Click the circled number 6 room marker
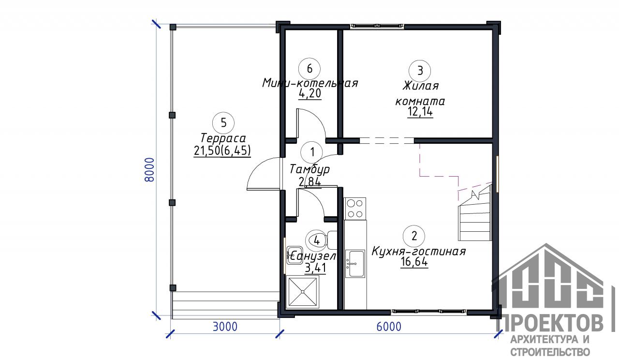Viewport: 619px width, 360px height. pos(309,69)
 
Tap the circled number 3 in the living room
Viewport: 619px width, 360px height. pos(420,71)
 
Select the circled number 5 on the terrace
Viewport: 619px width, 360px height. pos(223,123)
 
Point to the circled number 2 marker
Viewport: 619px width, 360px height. pos(414,236)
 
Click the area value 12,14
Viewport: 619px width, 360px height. pos(420,112)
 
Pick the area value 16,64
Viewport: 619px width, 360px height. pos(414,262)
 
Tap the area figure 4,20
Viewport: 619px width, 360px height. pos(310,93)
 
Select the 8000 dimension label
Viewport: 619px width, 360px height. pos(149,169)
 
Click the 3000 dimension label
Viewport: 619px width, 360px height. pos(225,327)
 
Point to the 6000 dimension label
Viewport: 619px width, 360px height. pos(389,327)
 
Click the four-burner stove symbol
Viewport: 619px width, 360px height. pos(355,209)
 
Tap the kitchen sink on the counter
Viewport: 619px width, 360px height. pos(355,263)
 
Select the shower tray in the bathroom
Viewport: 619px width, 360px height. pos(303,292)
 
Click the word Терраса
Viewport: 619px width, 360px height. pos(223,138)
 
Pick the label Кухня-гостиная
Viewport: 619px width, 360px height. pos(418,251)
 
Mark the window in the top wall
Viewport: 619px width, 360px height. pos(378,26)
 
